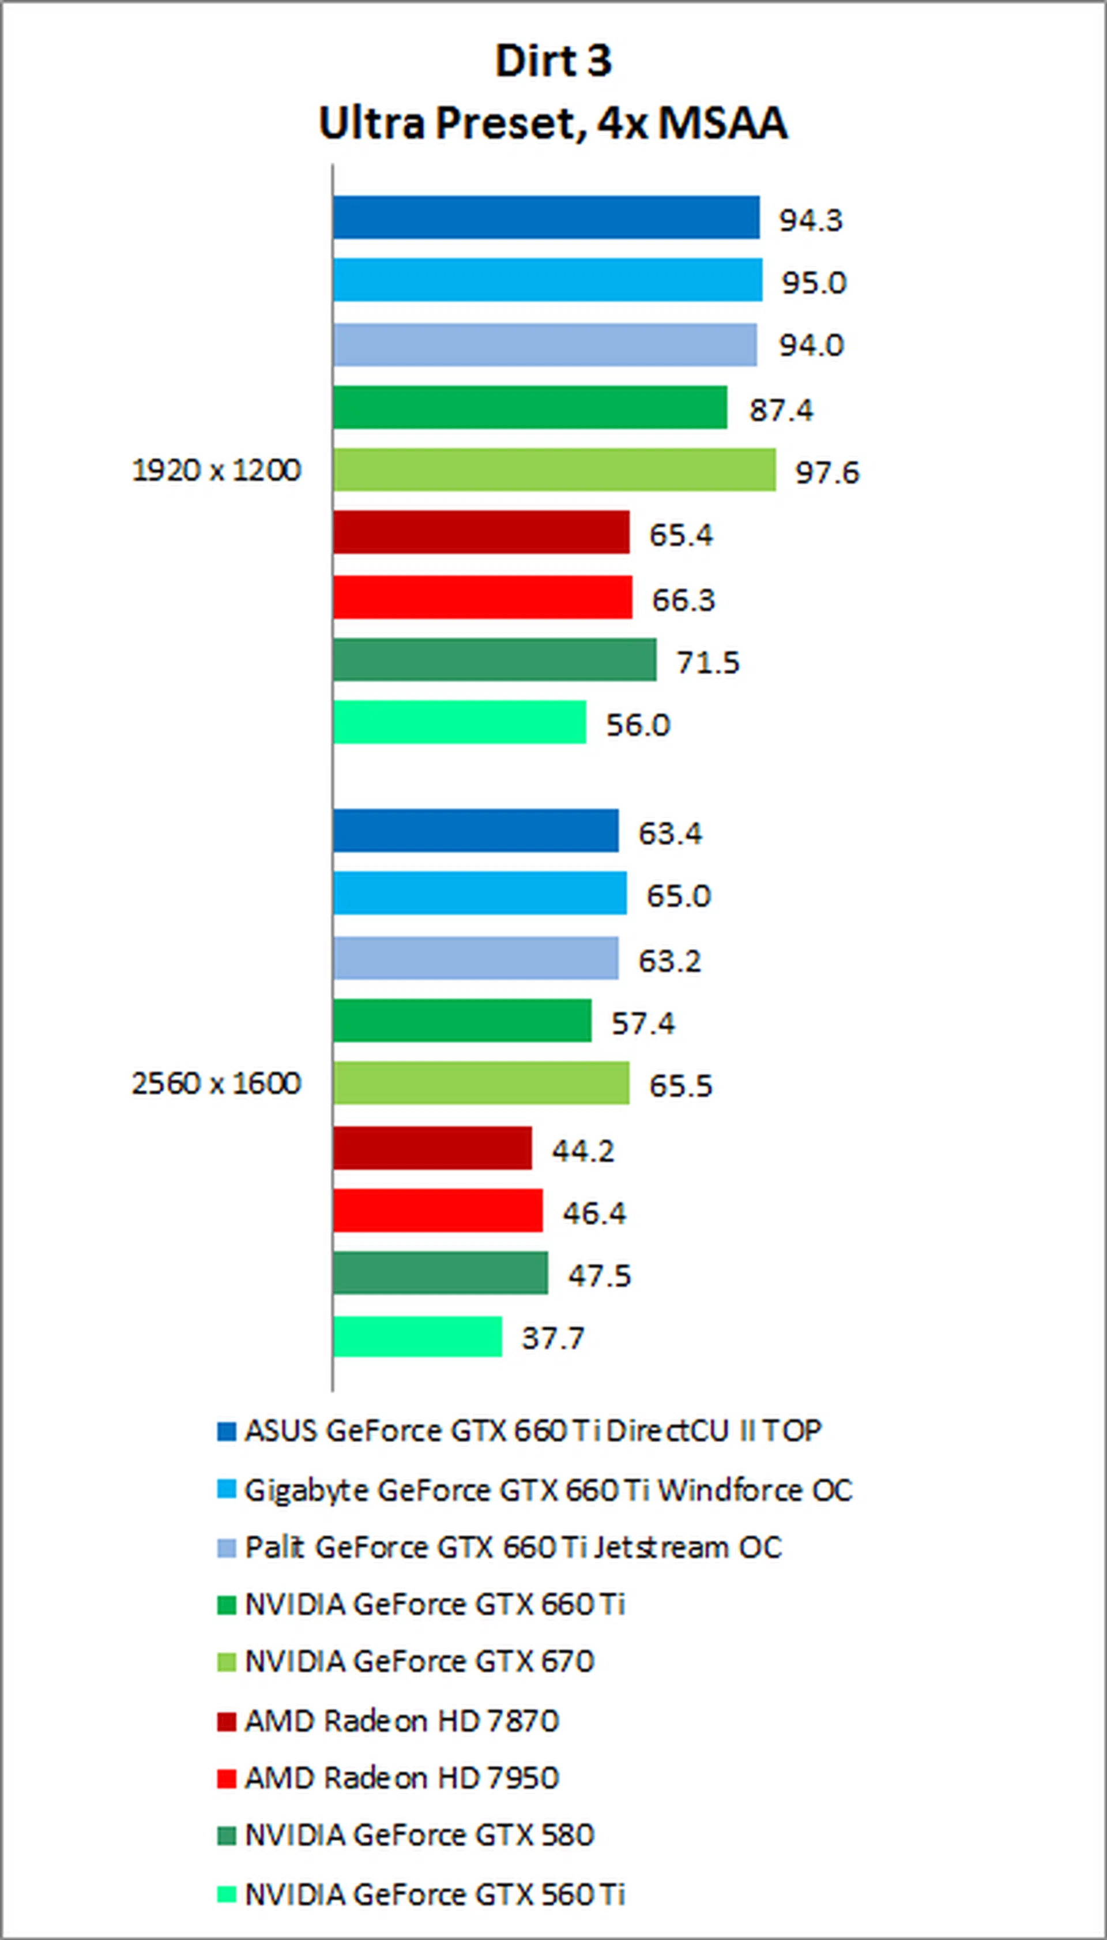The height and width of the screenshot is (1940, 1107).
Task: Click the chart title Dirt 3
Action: tap(553, 61)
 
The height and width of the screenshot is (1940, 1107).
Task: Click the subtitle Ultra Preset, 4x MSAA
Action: tap(553, 123)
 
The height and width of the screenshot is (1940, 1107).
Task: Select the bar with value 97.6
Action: tap(554, 470)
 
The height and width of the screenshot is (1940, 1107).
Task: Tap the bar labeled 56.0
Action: tap(459, 722)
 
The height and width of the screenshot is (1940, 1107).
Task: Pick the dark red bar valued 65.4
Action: tap(480, 532)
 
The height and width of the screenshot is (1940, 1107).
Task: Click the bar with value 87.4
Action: tap(529, 408)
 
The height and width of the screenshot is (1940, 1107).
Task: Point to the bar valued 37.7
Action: tap(417, 1336)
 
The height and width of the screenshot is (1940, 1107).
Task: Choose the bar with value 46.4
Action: tap(437, 1211)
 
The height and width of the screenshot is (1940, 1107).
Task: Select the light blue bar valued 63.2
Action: tap(475, 958)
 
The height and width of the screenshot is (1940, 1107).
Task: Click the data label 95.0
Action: tap(814, 283)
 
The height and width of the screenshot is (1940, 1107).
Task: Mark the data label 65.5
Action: tap(680, 1085)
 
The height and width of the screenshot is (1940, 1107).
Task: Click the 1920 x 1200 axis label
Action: tap(217, 470)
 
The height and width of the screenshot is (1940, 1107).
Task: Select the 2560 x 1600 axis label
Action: tap(217, 1083)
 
